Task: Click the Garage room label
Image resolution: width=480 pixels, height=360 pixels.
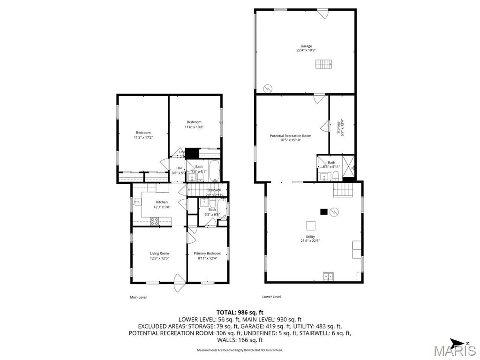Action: coord(306,46)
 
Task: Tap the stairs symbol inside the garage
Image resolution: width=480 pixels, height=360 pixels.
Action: coord(322,64)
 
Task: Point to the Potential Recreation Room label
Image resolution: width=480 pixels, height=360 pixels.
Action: coord(290,136)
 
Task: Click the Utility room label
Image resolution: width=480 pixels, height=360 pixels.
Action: coord(310,237)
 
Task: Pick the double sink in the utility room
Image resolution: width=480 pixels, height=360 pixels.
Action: coord(329,277)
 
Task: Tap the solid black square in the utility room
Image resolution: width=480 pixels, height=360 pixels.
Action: coord(323,211)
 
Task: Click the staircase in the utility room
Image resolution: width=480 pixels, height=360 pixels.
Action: coord(342,190)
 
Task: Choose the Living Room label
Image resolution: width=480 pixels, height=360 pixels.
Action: coord(159,253)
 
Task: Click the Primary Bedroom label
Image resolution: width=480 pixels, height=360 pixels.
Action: coord(207,253)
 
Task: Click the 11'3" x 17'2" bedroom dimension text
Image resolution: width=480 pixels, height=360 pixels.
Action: coord(143,137)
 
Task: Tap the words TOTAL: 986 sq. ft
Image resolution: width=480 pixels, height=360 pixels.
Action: coord(240,312)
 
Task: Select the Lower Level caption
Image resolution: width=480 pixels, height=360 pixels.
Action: coord(271,296)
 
